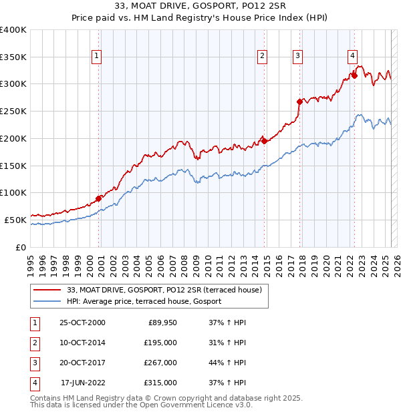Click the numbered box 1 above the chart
click(x=98, y=57)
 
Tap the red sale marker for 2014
click(x=264, y=141)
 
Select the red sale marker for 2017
click(x=300, y=101)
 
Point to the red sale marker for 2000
click(x=98, y=198)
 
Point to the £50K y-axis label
click(x=15, y=219)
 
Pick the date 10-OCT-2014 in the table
click(x=83, y=343)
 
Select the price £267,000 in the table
click(x=161, y=363)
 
